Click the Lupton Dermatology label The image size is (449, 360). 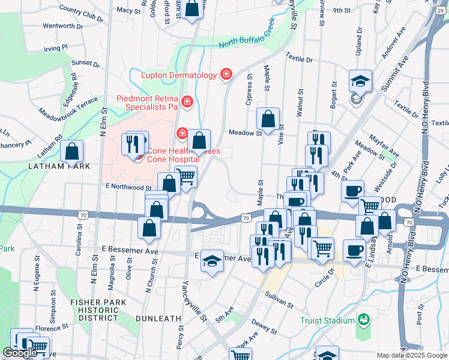point(178,75)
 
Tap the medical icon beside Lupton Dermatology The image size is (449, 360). point(226,74)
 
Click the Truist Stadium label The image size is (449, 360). point(328,320)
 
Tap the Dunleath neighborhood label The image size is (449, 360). point(158,318)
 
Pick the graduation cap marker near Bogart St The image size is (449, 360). point(361,80)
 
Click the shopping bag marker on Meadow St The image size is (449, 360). point(268,118)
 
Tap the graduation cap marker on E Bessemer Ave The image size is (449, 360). point(211,260)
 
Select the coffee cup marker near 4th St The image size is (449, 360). point(352,190)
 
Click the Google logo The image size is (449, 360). point(20,353)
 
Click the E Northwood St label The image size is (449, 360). point(125,187)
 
